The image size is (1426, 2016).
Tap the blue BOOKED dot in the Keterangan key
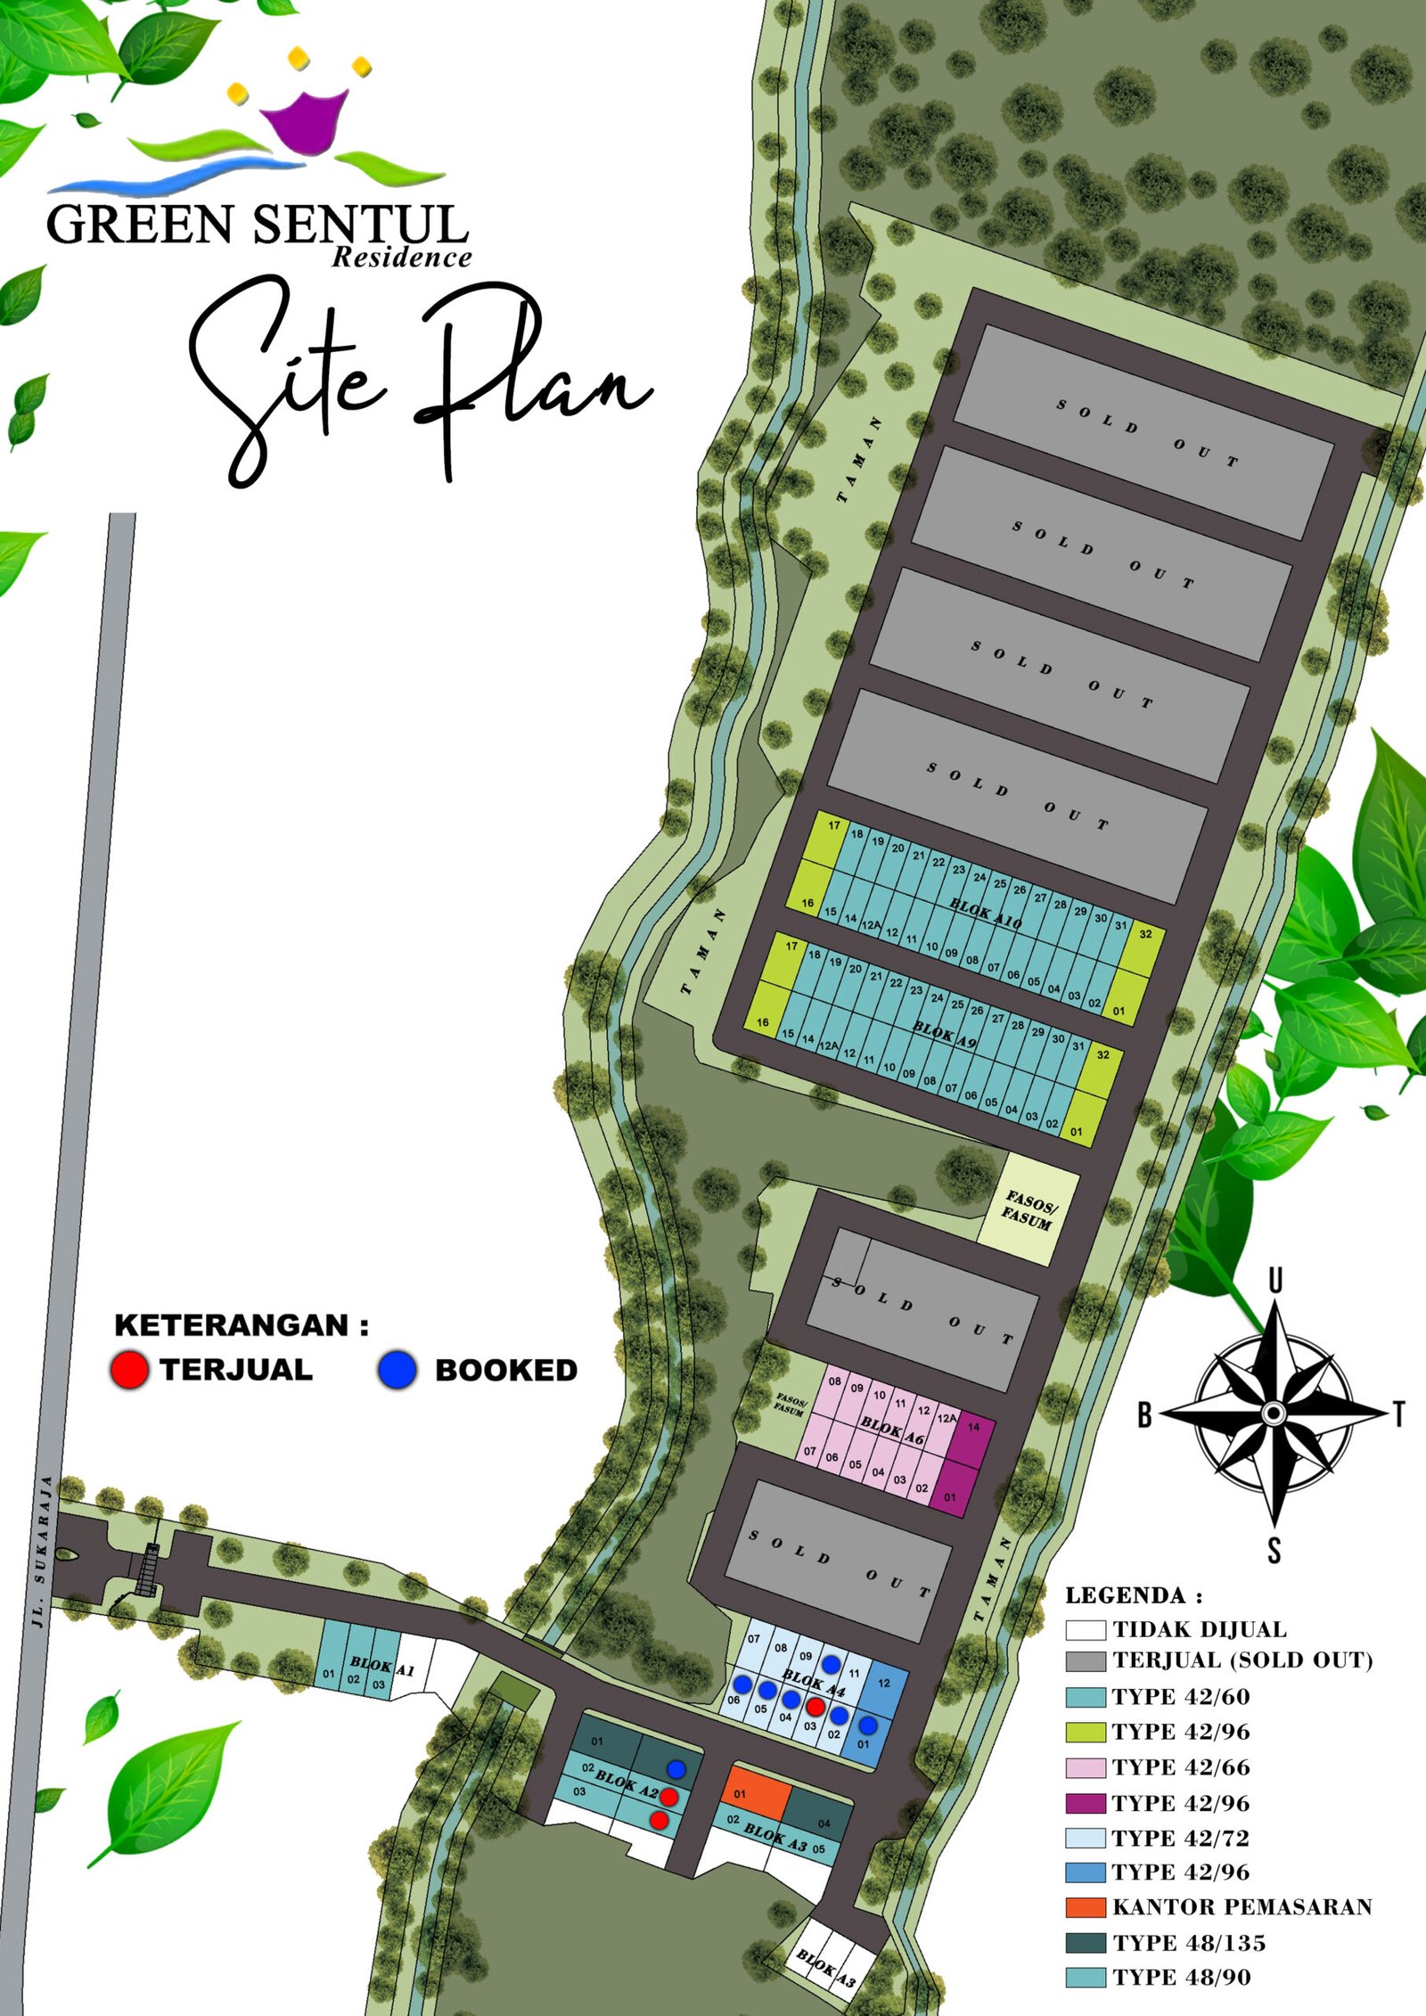(397, 1370)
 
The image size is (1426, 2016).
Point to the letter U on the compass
(1275, 1281)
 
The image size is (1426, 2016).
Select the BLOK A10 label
(985, 914)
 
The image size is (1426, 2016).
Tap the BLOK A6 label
(892, 1430)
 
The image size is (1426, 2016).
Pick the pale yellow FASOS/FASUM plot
(1029, 1209)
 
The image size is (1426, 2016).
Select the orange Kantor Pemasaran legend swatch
(1086, 1907)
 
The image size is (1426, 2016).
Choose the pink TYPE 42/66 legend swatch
(1086, 1767)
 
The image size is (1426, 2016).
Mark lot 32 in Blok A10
(1145, 935)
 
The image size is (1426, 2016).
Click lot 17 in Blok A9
(790, 947)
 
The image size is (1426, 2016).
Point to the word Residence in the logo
(401, 258)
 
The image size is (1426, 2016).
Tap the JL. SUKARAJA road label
(40, 1552)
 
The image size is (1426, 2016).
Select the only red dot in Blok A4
(815, 1706)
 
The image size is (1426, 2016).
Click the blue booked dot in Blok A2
(676, 1768)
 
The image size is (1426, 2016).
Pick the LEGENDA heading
(1134, 1595)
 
